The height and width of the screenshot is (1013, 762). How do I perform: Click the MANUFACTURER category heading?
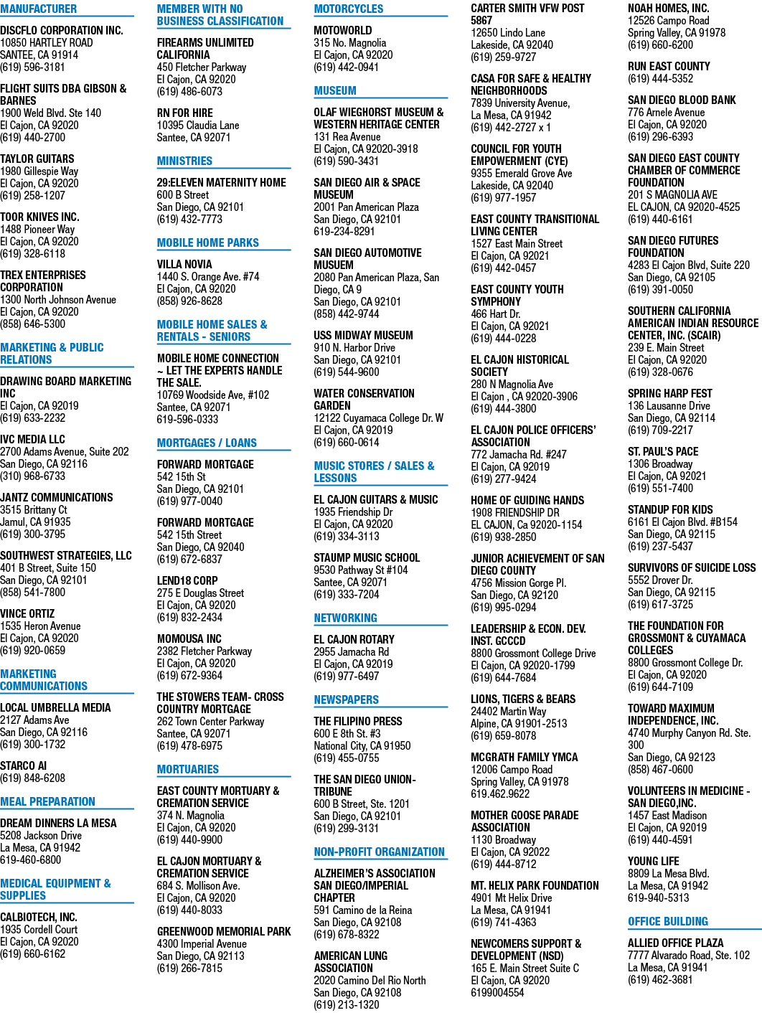pos(38,9)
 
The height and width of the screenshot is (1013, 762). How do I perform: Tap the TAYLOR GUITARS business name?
pos(37,159)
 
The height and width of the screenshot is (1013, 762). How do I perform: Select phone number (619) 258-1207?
pos(32,195)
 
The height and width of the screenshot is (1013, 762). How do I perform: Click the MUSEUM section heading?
pos(335,90)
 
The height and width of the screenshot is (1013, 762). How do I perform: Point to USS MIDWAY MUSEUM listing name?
pos(363,335)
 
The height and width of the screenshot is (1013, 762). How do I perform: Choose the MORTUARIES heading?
pos(188,769)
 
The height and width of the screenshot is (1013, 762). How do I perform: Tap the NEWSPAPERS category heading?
pos(346,699)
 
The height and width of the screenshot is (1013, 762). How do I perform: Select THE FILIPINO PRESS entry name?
pos(358,721)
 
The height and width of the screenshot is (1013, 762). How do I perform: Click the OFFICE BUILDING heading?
pos(668,921)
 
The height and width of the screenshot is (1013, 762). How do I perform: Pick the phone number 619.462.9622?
pos(500,793)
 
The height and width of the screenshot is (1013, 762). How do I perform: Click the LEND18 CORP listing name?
pos(187,580)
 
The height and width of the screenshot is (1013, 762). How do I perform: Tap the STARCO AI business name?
pos(23,765)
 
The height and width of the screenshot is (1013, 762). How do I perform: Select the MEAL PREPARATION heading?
pos(47,801)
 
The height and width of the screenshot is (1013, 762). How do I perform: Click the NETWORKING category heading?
pos(345,618)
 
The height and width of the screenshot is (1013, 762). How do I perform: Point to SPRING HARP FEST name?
pos(669,393)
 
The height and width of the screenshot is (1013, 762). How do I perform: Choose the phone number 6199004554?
pos(497,992)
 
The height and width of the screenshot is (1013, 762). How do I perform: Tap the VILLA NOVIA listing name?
pos(184,265)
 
